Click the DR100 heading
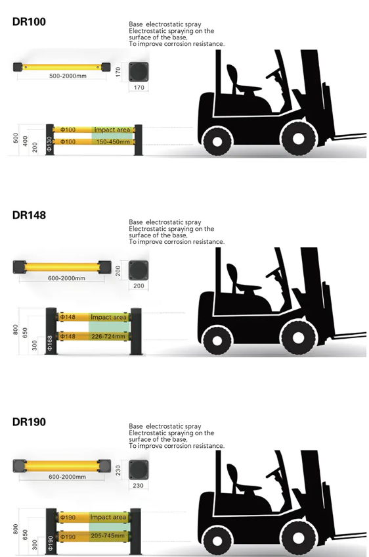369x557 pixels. [x=29, y=22]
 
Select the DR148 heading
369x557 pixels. [x=29, y=215]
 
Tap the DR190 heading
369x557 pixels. [x=29, y=422]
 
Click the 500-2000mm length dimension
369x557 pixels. [x=68, y=76]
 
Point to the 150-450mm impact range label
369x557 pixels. [x=113, y=142]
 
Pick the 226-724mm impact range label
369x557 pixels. [x=108, y=336]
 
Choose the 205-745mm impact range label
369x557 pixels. [x=108, y=535]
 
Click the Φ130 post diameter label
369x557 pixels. [x=49, y=144]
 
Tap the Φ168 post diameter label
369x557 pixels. [x=50, y=343]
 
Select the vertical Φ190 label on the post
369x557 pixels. [x=51, y=543]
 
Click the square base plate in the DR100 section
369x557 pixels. [x=139, y=72]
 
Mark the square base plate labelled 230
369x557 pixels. [x=139, y=470]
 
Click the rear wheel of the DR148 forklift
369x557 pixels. [x=217, y=339]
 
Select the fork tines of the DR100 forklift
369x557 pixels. [x=350, y=135]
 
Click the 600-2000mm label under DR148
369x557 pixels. [x=67, y=278]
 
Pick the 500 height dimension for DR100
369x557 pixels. [x=16, y=138]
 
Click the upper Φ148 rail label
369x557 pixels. [x=68, y=317]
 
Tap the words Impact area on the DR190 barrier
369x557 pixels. [x=108, y=517]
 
